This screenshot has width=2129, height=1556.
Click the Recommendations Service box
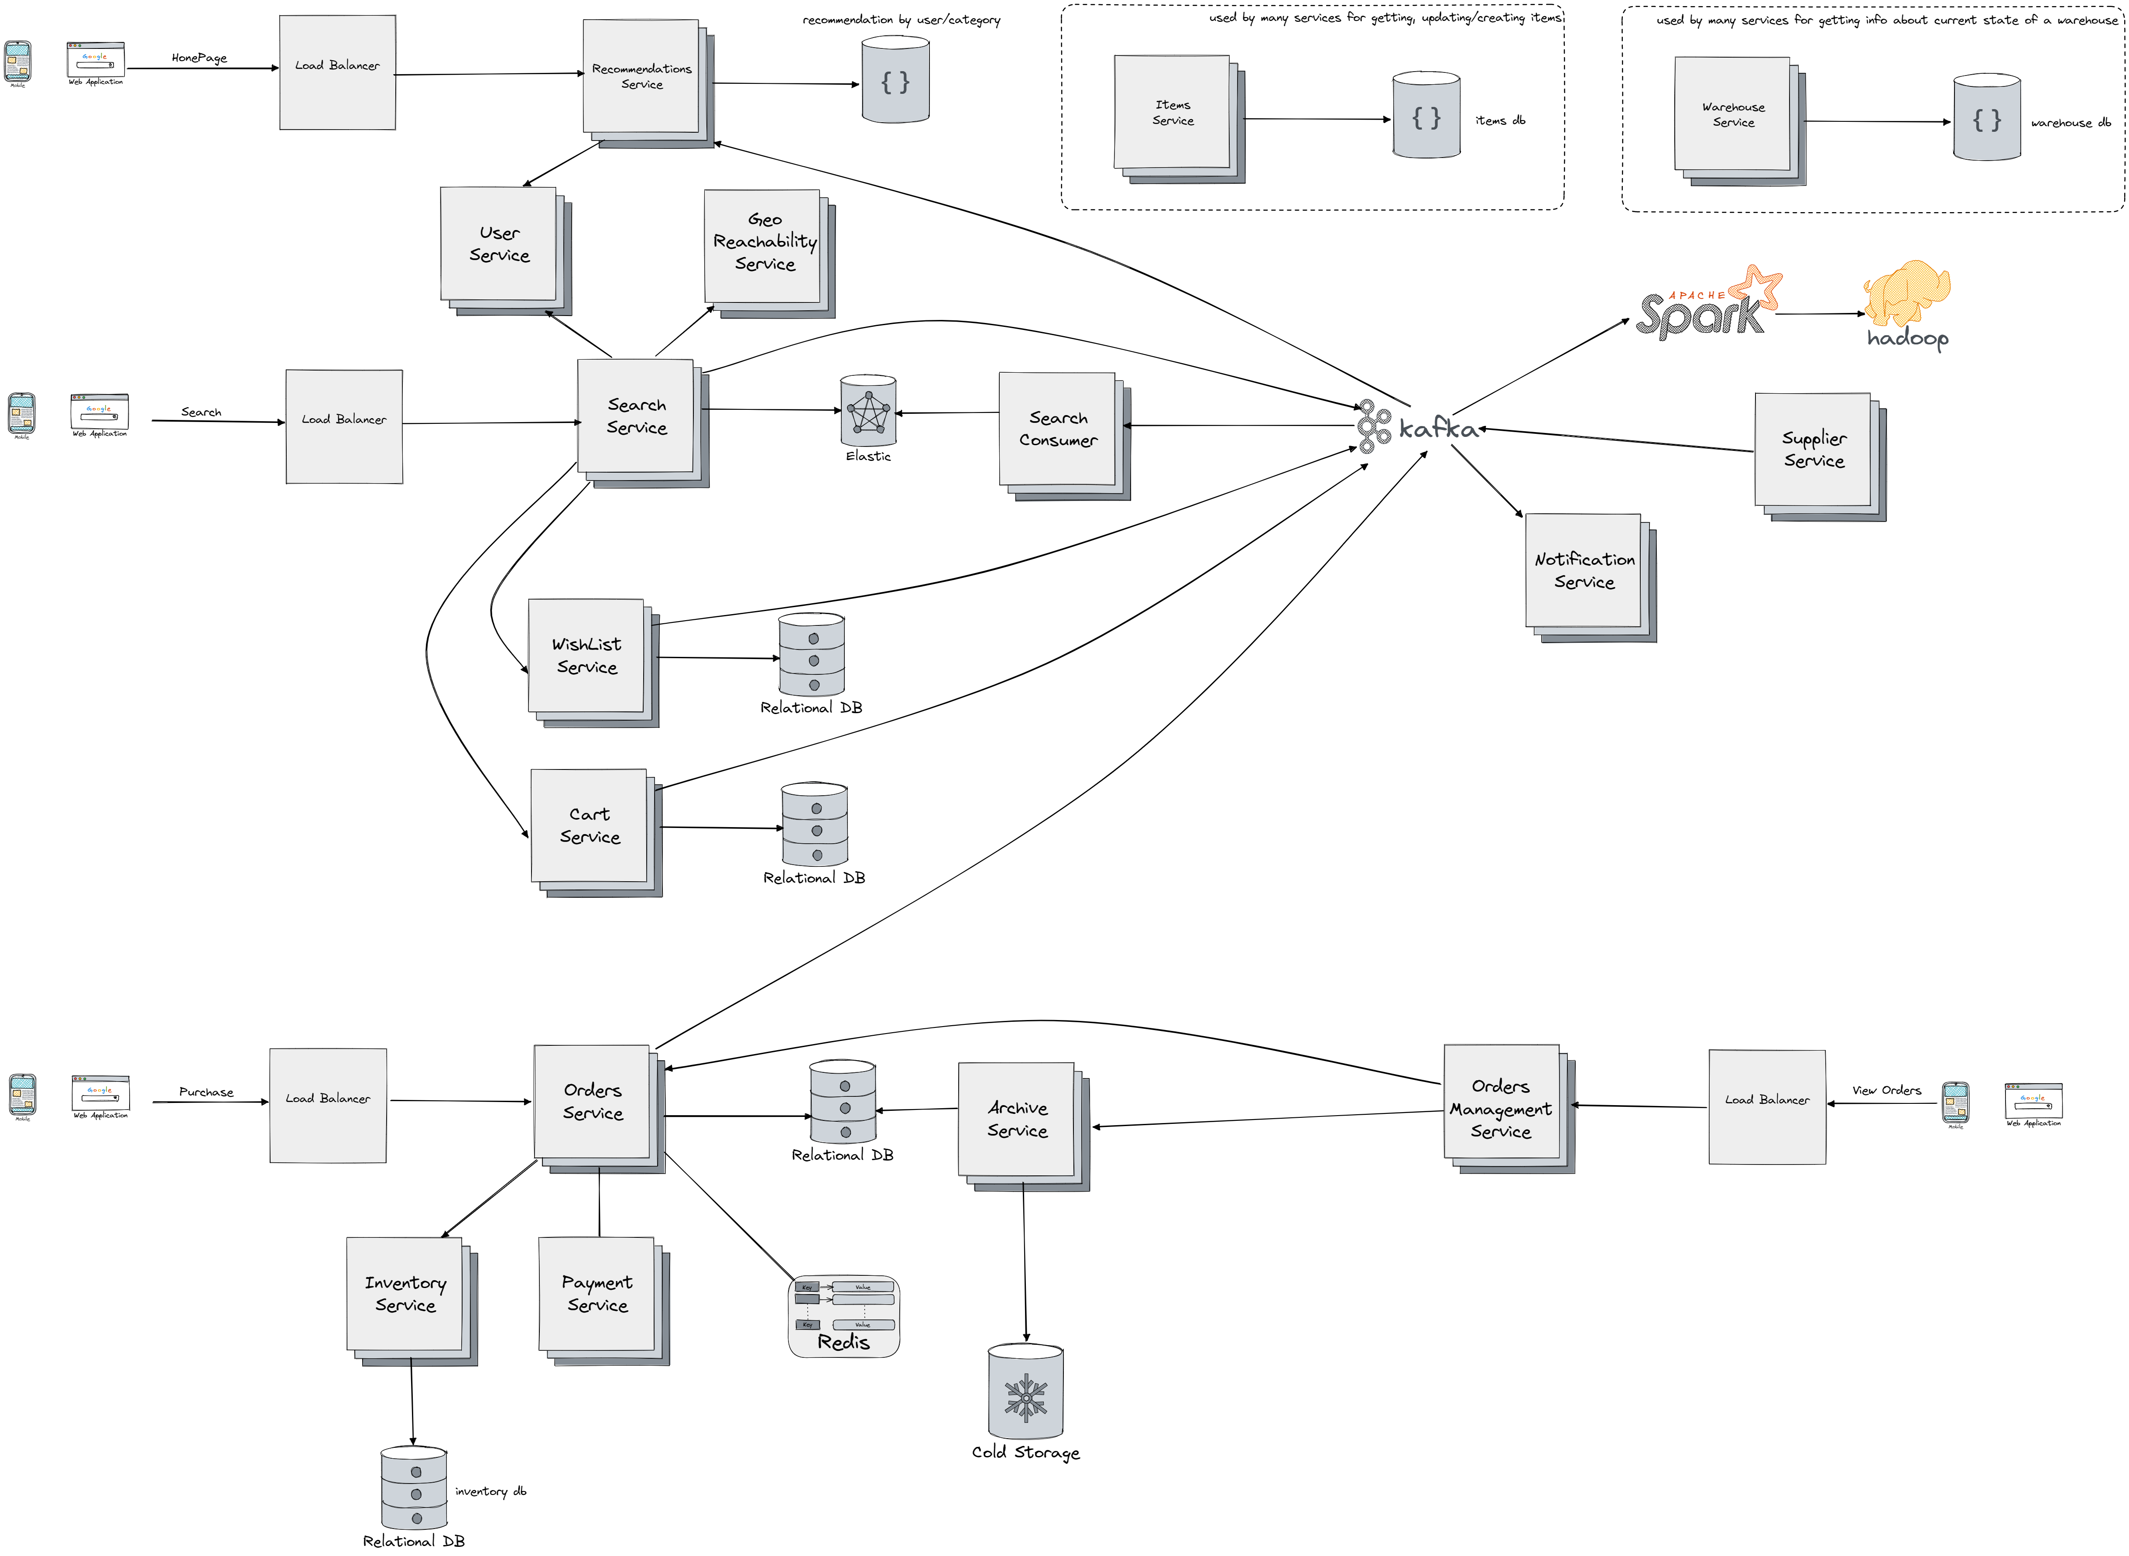[641, 77]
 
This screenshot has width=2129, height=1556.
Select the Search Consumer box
[1057, 429]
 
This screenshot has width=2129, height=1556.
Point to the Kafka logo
[1417, 428]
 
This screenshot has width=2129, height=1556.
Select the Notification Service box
[1584, 571]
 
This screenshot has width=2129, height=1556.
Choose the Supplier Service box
[1813, 450]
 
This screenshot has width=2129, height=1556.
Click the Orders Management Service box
[1501, 1109]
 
